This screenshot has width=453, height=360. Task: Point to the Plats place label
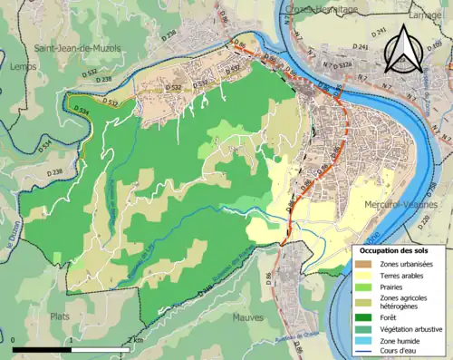point(61,316)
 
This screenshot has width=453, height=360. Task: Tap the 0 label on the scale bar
point(14,339)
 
